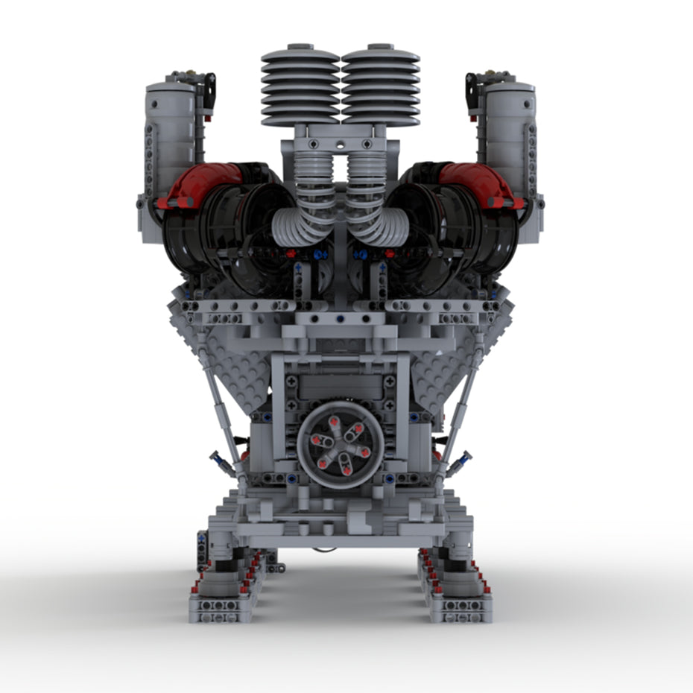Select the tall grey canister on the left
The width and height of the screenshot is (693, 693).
pyautogui.click(x=169, y=142)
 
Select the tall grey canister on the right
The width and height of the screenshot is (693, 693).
pyautogui.click(x=510, y=142)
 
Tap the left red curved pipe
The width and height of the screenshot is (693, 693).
pyautogui.click(x=200, y=183)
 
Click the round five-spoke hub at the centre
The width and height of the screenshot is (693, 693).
pyautogui.click(x=341, y=445)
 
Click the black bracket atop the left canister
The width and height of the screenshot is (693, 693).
pyautogui.click(x=209, y=89)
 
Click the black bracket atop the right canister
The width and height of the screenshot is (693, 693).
pyautogui.click(x=472, y=89)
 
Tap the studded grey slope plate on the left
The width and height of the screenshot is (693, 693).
pyautogui.click(x=231, y=358)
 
